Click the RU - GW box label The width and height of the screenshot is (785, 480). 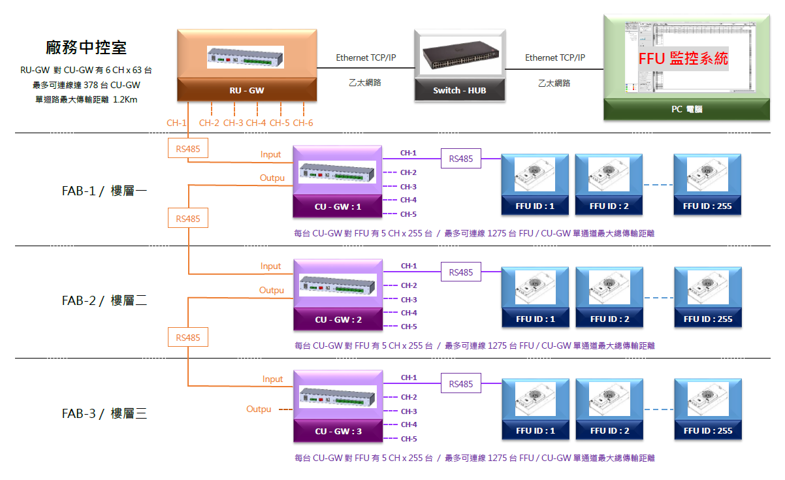coord(247,91)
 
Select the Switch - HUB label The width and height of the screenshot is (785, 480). coord(460,91)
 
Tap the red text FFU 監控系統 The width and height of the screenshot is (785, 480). coord(683,58)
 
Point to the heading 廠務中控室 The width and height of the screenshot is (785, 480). coord(86,47)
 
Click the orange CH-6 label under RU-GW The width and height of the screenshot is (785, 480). coord(303,123)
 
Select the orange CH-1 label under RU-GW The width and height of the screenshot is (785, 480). coord(177,123)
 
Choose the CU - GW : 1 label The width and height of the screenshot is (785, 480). coord(338,206)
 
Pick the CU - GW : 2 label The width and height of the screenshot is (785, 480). coord(338,319)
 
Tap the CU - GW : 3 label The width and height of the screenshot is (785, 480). coord(338,431)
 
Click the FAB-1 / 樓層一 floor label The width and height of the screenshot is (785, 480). coord(104,191)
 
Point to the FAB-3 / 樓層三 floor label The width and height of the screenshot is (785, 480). coord(104,413)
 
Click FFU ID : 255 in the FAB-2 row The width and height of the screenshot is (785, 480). coord(708,319)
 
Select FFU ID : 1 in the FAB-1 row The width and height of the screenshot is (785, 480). coord(535,206)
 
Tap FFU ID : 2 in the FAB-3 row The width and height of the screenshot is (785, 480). coord(609,430)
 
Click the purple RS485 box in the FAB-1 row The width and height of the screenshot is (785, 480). coord(461,158)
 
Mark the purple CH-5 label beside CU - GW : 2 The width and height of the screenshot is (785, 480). coord(409,327)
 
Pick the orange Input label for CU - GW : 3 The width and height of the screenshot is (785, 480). coord(273,379)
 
